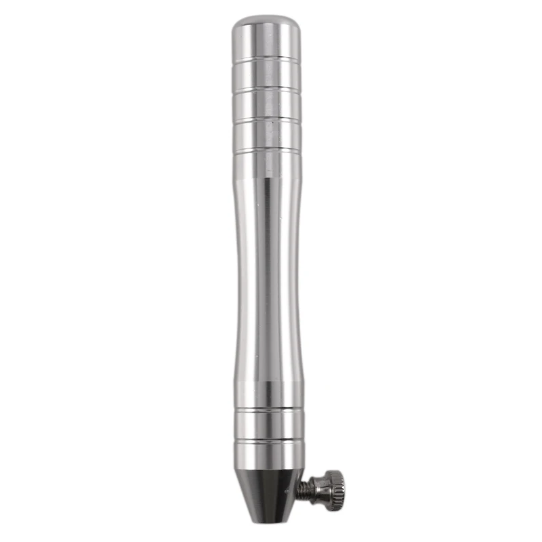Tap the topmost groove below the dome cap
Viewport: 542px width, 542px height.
point(266,60)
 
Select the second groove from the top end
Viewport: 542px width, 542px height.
point(266,89)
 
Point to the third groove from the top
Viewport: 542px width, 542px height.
point(267,119)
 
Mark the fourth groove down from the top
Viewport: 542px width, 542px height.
point(267,148)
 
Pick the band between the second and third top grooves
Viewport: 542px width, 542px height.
point(266,104)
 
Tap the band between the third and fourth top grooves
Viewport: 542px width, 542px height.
point(267,133)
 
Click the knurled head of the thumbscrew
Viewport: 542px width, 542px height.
point(333,486)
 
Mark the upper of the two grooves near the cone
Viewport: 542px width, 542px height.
point(269,409)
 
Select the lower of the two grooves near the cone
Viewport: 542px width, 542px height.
point(269,441)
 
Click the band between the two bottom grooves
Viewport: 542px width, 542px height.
point(269,425)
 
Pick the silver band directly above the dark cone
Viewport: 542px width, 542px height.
point(269,456)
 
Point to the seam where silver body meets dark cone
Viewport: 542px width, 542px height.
point(270,470)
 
